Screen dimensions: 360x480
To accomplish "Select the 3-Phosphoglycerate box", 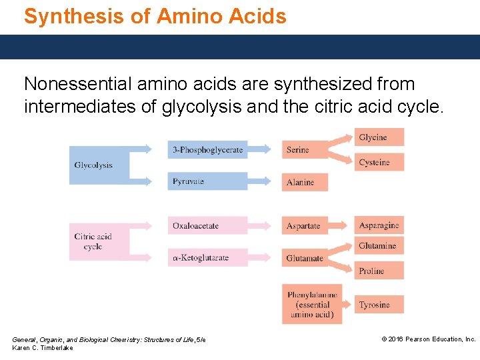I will coord(207,150).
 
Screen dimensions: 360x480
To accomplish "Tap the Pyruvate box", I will coord(207,181).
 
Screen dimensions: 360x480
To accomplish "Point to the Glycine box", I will coord(379,137).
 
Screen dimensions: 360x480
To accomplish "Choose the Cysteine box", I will coord(379,162).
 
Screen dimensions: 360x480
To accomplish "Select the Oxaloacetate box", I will coord(207,225).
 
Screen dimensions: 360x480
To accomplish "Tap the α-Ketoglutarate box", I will coord(207,257).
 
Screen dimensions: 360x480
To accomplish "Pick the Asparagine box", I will coord(379,225).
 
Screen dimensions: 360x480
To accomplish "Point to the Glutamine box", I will coord(379,245).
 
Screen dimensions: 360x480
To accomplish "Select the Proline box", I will coord(379,271).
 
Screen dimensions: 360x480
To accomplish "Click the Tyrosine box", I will coord(379,305).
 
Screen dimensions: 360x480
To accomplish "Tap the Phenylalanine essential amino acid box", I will coord(312,304).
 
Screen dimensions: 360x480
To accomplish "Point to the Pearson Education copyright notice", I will coord(428,339).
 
